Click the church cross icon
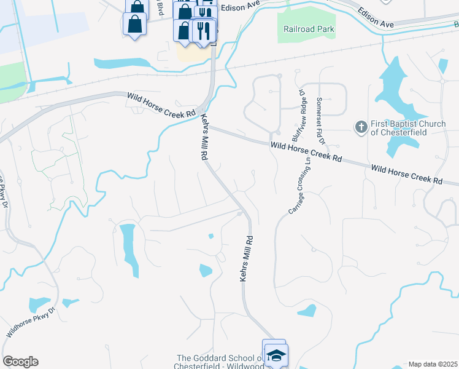361,127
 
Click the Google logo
20,362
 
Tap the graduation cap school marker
277,356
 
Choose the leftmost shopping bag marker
134,25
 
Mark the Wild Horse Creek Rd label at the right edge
407,175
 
